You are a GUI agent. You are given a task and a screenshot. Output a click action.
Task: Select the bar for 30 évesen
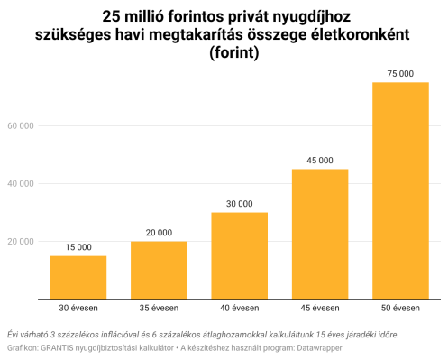[x=78, y=277]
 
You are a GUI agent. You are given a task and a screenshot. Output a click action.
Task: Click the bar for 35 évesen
[x=159, y=270]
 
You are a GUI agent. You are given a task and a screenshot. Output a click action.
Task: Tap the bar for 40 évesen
[x=239, y=255]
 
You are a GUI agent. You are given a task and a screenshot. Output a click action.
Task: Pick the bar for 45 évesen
[x=320, y=234]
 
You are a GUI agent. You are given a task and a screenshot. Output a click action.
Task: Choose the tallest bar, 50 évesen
[x=400, y=189]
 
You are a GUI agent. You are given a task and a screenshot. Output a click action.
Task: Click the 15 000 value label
[x=78, y=247]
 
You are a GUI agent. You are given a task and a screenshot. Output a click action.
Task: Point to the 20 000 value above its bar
[x=159, y=233]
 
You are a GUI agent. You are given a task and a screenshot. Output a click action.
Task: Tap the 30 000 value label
[x=239, y=204]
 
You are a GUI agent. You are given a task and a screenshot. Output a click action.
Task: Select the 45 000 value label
[x=320, y=161]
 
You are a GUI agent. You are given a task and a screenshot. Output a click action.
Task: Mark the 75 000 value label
[x=400, y=73]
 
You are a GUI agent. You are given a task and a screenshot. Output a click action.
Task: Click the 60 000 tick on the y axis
[x=20, y=125]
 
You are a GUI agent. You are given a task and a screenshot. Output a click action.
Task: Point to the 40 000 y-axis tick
[x=20, y=183]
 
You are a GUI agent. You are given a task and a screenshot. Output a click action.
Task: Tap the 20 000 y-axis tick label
[x=20, y=242]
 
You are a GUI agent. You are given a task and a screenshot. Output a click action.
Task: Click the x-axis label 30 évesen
[x=78, y=309]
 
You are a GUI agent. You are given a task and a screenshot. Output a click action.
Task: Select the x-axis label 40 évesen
[x=239, y=309]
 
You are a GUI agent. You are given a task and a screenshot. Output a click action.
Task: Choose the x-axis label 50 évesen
[x=400, y=309]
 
